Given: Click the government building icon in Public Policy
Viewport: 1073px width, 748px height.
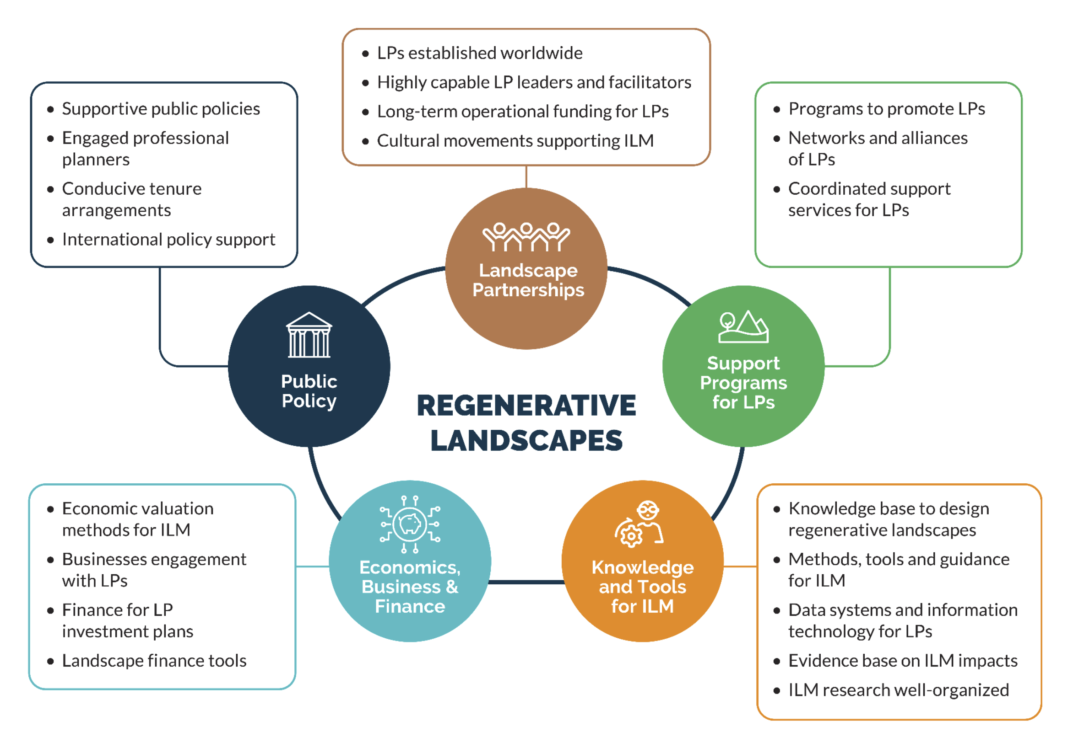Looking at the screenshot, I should (x=309, y=335).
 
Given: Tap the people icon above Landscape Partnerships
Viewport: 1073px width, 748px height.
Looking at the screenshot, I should (x=526, y=237).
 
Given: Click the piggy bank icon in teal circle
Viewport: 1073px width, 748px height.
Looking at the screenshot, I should (x=410, y=524).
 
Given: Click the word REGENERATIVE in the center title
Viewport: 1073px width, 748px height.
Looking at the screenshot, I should (x=526, y=405).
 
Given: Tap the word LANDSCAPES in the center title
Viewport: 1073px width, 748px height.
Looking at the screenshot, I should (x=526, y=440).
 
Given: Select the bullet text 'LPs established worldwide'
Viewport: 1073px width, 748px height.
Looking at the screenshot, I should (x=479, y=53).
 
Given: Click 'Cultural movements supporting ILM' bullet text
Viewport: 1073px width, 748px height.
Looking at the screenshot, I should (x=515, y=140).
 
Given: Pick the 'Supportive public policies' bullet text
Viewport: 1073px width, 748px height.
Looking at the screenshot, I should (x=161, y=109).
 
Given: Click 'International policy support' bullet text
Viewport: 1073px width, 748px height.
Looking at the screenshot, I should (x=168, y=240).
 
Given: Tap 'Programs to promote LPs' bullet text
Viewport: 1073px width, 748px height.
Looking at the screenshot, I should (x=886, y=109).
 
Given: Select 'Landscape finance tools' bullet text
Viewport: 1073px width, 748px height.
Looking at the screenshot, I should (x=154, y=661).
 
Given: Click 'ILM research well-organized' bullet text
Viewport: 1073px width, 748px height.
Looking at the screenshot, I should (x=898, y=690).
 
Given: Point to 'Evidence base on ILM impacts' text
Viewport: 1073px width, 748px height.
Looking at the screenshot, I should (x=902, y=661).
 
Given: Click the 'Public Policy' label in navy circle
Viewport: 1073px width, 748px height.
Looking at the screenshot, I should (x=309, y=391).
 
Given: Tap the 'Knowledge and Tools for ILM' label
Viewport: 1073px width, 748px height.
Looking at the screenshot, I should (x=642, y=587).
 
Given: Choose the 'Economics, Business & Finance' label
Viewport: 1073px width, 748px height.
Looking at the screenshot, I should (x=410, y=587).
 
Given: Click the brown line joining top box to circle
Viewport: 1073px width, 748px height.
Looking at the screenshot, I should (x=526, y=176).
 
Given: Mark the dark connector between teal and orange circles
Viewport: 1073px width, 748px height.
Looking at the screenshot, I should (x=526, y=582).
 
